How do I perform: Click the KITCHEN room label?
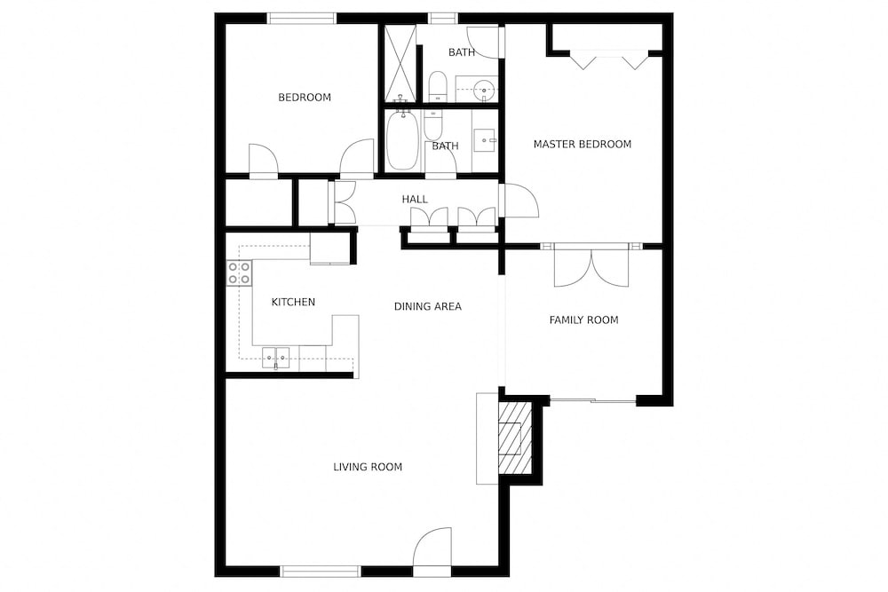pyautogui.click(x=293, y=303)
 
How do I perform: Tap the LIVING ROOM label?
pyautogui.click(x=368, y=467)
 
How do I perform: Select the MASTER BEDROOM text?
pyautogui.click(x=583, y=145)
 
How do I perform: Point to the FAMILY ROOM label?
pyautogui.click(x=583, y=320)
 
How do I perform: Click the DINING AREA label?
pyautogui.click(x=428, y=307)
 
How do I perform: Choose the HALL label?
pyautogui.click(x=415, y=199)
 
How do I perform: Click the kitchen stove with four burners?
pyautogui.click(x=240, y=272)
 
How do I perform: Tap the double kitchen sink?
pyautogui.click(x=276, y=359)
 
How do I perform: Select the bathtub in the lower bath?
pyautogui.click(x=402, y=140)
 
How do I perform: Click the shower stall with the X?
pyautogui.click(x=400, y=63)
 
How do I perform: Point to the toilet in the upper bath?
pyautogui.click(x=437, y=87)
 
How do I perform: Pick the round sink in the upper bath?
pyautogui.click(x=483, y=89)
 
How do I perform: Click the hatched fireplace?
pyautogui.click(x=515, y=438)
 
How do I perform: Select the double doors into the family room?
pyautogui.click(x=591, y=268)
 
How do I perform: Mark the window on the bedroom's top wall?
pyautogui.click(x=302, y=19)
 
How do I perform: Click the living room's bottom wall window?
pyautogui.click(x=321, y=572)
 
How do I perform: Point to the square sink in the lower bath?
pyautogui.click(x=485, y=138)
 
